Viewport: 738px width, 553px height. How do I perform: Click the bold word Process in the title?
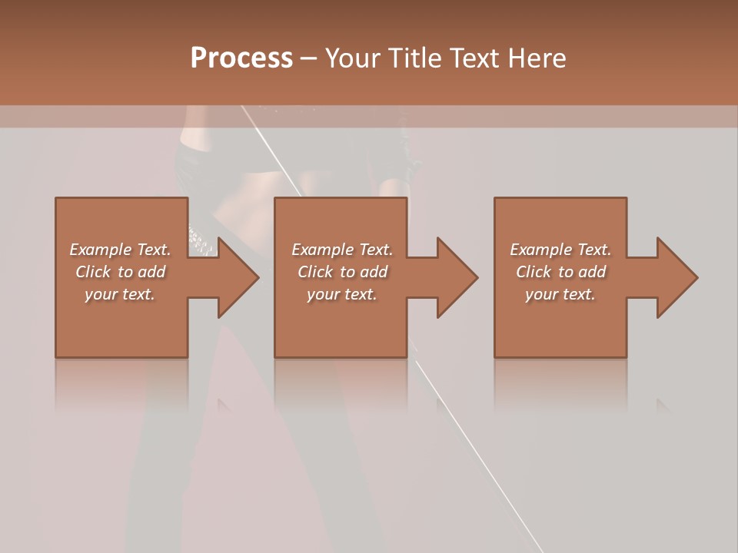coord(241,58)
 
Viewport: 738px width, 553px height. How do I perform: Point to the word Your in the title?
coord(354,58)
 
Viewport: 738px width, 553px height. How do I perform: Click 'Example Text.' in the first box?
coord(120,250)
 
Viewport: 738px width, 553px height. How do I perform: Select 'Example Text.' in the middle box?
coord(342,250)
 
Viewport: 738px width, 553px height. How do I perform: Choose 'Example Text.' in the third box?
coord(560,250)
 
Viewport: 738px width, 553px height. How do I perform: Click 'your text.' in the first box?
coord(120,294)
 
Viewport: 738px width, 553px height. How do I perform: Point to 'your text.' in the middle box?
coord(342,294)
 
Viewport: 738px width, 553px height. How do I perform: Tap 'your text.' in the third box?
coord(560,294)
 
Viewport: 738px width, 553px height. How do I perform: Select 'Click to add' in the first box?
coord(120,272)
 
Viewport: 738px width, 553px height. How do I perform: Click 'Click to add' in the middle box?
coord(342,272)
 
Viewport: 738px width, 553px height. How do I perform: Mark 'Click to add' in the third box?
coord(560,272)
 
